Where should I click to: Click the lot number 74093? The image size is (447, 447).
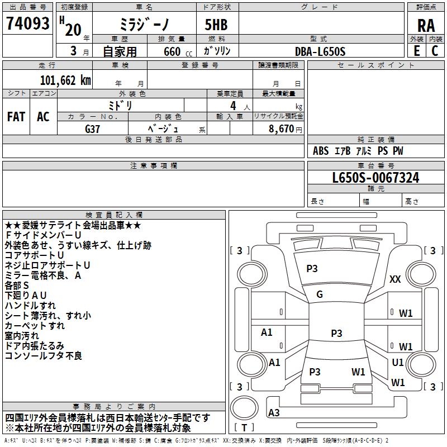click(27, 23)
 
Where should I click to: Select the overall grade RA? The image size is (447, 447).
click(426, 26)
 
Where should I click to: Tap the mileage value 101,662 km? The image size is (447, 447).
click(65, 80)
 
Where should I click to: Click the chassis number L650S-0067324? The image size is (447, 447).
click(375, 178)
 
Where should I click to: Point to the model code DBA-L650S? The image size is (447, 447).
click(320, 51)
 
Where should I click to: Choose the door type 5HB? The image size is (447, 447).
click(216, 25)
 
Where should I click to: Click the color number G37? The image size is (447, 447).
click(92, 129)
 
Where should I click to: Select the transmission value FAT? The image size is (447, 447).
click(16, 117)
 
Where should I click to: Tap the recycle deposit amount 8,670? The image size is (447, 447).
click(281, 129)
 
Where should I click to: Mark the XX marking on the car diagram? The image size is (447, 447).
click(395, 279)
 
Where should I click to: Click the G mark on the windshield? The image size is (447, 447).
click(320, 294)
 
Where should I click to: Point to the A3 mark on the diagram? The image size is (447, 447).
click(274, 412)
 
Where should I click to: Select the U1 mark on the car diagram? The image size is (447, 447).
click(398, 362)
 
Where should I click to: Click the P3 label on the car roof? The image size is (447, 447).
click(336, 333)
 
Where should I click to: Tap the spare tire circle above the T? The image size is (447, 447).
click(244, 408)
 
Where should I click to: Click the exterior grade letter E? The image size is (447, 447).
click(417, 51)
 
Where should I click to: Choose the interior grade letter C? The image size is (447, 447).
click(435, 51)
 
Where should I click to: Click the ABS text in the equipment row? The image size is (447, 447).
click(321, 151)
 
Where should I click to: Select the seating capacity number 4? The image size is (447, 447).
click(233, 106)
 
